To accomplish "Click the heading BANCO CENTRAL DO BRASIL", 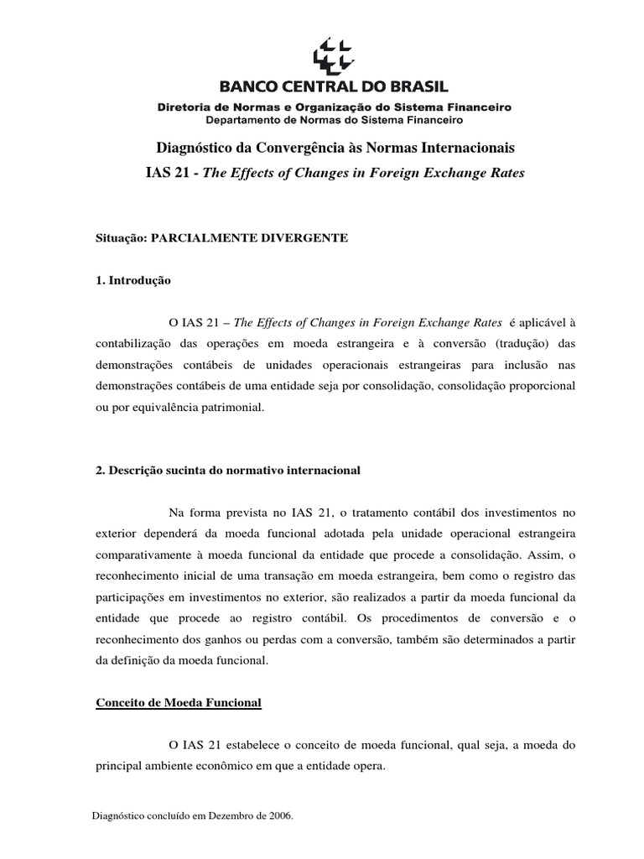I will (x=334, y=86).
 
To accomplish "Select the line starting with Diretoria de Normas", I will (x=334, y=107).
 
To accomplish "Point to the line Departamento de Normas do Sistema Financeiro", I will (x=334, y=120).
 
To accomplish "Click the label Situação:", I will (x=122, y=238).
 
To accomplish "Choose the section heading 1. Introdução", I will (x=134, y=281).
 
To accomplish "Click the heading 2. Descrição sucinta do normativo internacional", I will (x=229, y=471).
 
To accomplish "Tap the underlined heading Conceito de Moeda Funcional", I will (x=179, y=703).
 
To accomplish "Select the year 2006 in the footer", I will (x=278, y=815).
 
